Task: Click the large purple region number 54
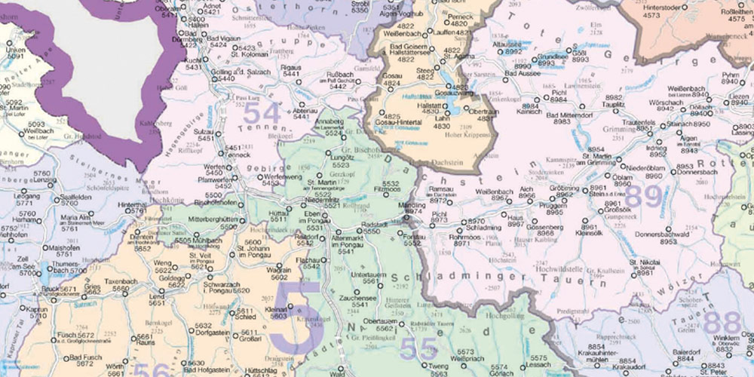[262, 113]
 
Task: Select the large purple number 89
[642, 196]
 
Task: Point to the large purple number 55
[418, 348]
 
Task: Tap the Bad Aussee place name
[523, 72]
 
